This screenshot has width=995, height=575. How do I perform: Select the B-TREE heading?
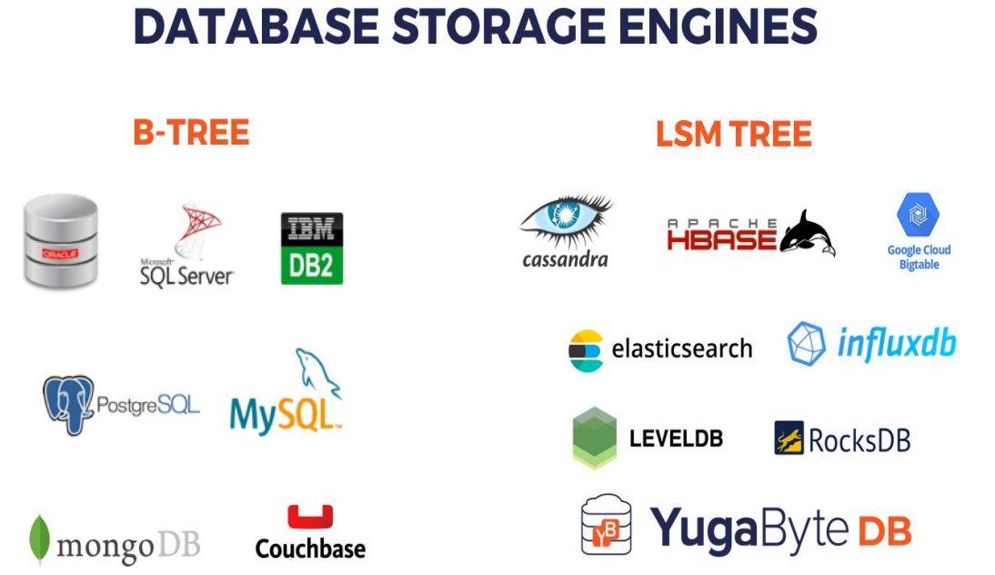(x=191, y=133)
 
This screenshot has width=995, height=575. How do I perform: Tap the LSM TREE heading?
(x=733, y=135)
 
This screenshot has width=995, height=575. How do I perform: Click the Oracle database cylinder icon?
(x=60, y=242)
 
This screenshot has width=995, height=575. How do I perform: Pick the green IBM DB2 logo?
(x=312, y=248)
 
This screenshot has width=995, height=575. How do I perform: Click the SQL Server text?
(x=187, y=275)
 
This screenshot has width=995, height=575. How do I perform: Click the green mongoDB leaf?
(x=39, y=540)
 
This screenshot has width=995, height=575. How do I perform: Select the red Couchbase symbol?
(x=310, y=517)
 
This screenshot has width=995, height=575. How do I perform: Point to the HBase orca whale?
(x=807, y=233)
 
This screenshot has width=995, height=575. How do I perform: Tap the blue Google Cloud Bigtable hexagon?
(x=919, y=216)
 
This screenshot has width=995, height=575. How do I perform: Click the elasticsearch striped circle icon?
(x=586, y=350)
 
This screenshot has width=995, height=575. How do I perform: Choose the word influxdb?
(x=896, y=345)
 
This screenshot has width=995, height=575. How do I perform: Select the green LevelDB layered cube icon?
(x=595, y=438)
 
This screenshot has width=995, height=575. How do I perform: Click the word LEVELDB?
(x=676, y=439)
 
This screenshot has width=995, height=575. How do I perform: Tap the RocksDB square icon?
(x=789, y=438)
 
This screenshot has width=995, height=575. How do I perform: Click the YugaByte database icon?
(x=607, y=525)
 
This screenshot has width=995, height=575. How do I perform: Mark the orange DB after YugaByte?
(x=884, y=530)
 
